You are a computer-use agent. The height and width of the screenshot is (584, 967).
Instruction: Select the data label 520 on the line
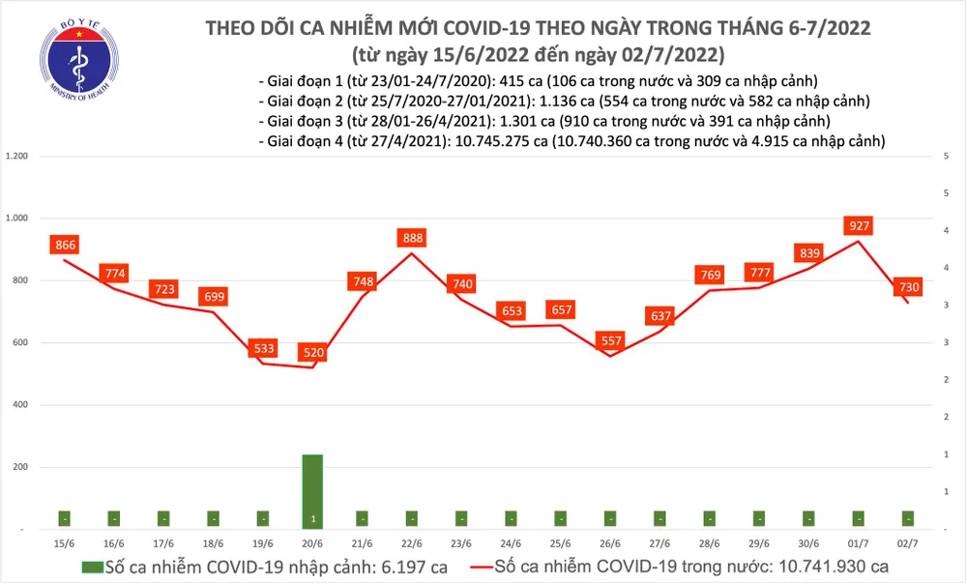[313, 354]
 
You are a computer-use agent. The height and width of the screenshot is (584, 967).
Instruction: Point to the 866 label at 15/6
[65, 246]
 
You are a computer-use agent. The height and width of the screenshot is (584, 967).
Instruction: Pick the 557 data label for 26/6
[610, 341]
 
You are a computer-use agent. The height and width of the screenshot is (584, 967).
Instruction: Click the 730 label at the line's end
[909, 287]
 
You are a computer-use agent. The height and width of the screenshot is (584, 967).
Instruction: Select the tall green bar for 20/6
[312, 491]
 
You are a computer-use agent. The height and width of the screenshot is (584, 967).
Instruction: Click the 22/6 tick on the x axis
[412, 543]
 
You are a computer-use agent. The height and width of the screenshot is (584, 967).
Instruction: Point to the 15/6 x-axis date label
[65, 543]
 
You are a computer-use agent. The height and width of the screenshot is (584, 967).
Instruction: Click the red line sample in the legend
[470, 567]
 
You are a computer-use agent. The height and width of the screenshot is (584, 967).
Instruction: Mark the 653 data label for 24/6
[512, 311]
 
